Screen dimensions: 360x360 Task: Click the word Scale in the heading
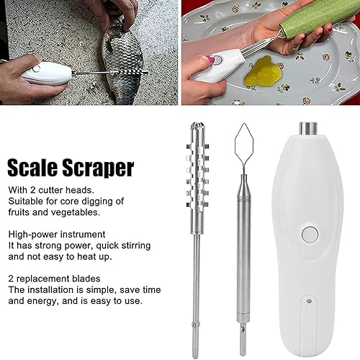pyautogui.click(x=36, y=168)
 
